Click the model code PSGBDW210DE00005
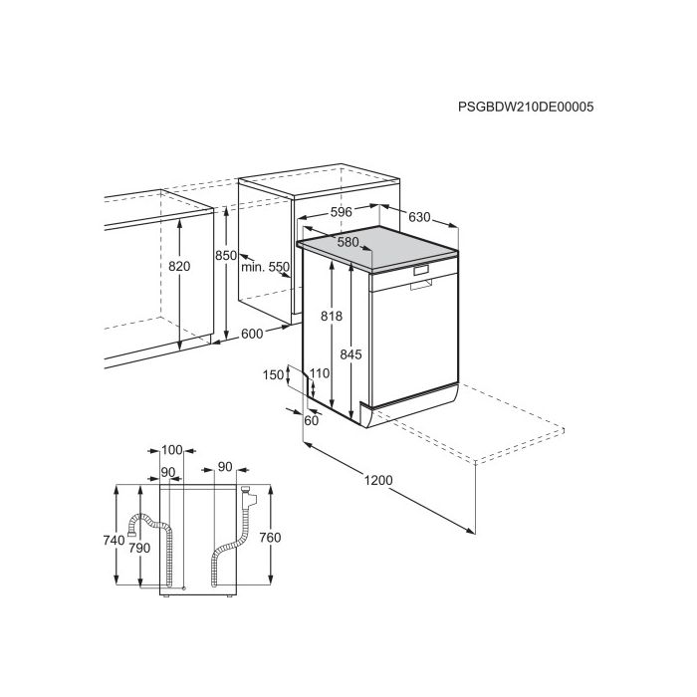tap(526, 108)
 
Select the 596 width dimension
tap(342, 212)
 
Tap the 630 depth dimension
tap(419, 217)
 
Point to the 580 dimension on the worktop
tap(348, 242)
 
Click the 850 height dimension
tap(226, 256)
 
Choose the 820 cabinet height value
tap(179, 266)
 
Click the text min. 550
tap(266, 267)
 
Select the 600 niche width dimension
tap(252, 334)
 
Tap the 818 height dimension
tap(332, 316)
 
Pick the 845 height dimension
tap(351, 354)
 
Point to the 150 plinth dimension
tap(273, 375)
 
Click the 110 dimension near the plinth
tap(320, 373)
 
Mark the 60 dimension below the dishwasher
tap(312, 420)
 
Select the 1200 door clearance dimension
tap(378, 481)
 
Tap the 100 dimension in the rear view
tap(172, 450)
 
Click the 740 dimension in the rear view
tap(114, 541)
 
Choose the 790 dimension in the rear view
tap(139, 548)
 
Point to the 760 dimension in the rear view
tap(270, 538)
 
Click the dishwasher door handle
tap(421, 285)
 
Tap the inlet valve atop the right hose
tap(248, 497)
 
